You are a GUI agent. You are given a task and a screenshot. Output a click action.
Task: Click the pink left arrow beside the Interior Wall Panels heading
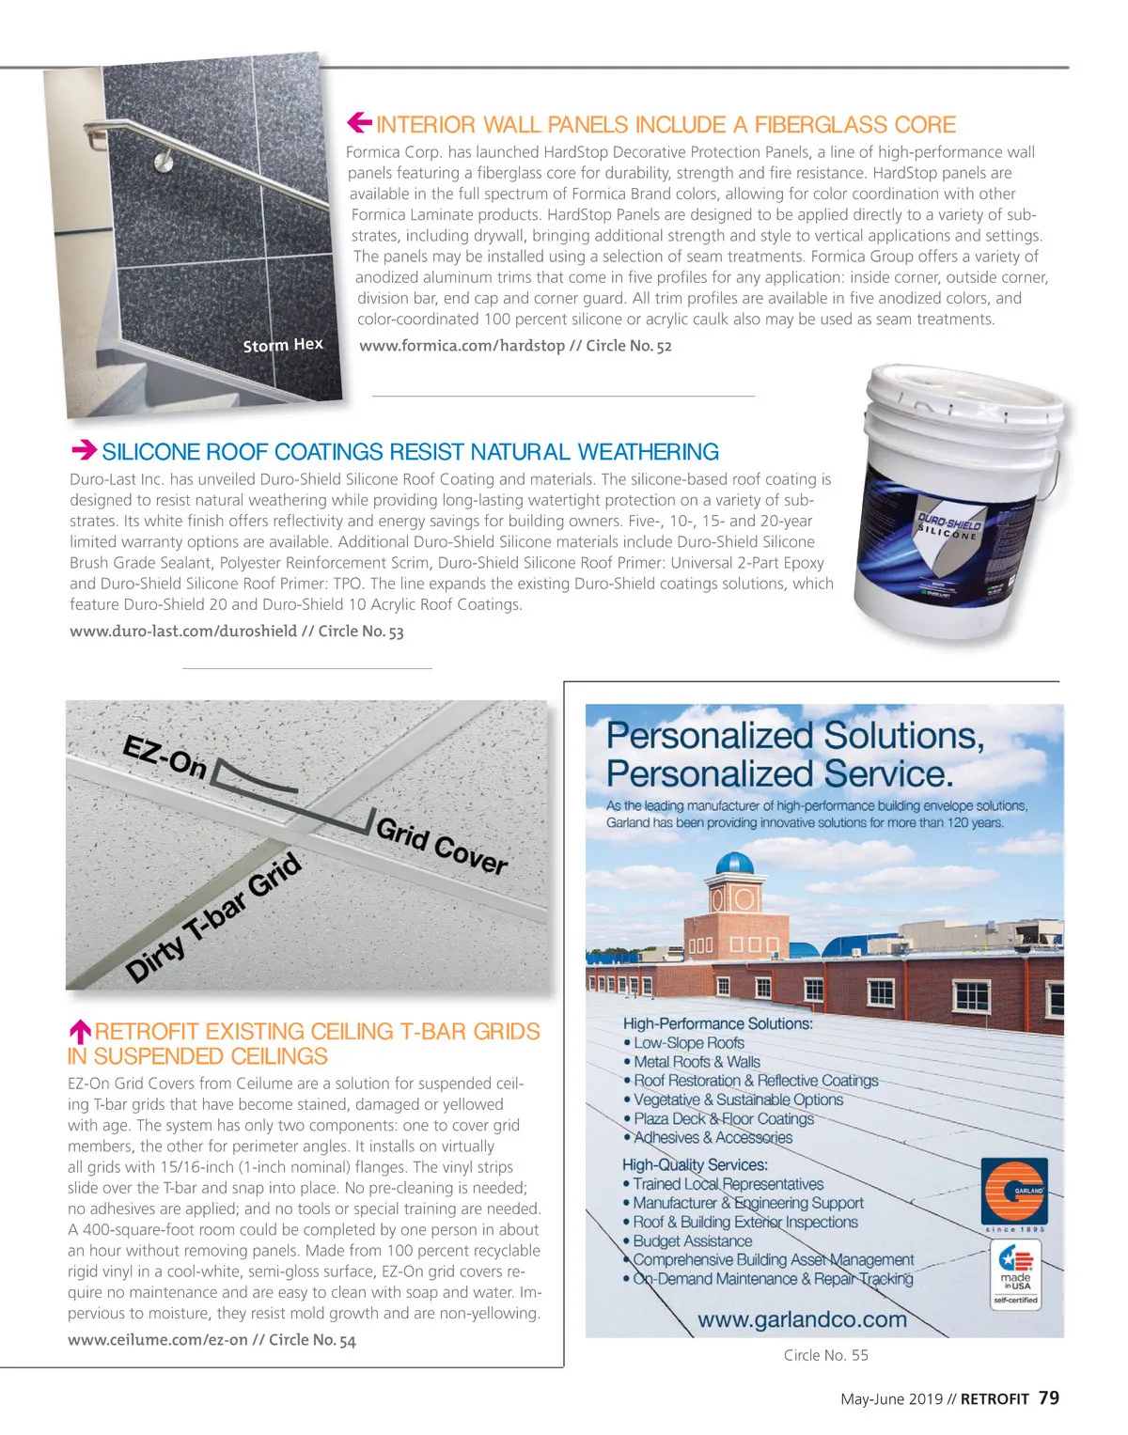[359, 122]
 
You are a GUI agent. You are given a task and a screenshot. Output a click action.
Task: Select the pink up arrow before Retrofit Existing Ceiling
[80, 1032]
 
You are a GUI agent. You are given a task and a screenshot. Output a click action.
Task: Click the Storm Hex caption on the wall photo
[283, 345]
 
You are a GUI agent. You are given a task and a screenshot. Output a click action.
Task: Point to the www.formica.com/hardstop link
[462, 346]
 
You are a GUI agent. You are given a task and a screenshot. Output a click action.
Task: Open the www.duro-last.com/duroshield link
[183, 632]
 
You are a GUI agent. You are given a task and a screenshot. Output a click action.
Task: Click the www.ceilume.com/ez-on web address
[158, 1340]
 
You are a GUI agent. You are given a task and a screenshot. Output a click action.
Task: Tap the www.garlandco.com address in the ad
[802, 1319]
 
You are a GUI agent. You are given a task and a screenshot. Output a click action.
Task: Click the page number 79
[1049, 1397]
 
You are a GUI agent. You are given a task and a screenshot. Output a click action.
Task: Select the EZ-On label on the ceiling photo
[165, 757]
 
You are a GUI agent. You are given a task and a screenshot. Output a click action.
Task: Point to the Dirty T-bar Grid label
[214, 917]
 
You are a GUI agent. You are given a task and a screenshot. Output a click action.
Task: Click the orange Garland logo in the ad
[1014, 1190]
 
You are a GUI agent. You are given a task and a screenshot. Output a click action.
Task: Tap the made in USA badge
[1015, 1274]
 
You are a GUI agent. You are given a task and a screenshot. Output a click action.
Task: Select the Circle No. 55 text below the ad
[825, 1355]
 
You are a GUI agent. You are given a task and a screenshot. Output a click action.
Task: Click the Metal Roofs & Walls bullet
[697, 1062]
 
